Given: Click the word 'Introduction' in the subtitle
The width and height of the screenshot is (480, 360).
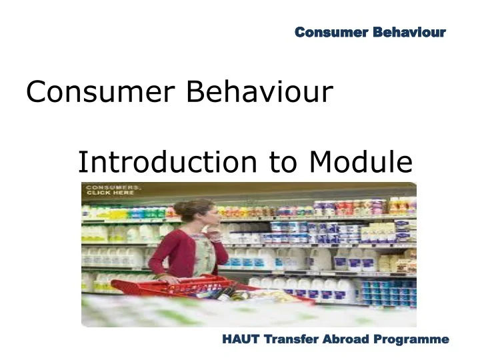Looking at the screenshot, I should (x=167, y=162).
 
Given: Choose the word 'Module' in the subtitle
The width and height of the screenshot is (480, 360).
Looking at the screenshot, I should (x=361, y=162).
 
